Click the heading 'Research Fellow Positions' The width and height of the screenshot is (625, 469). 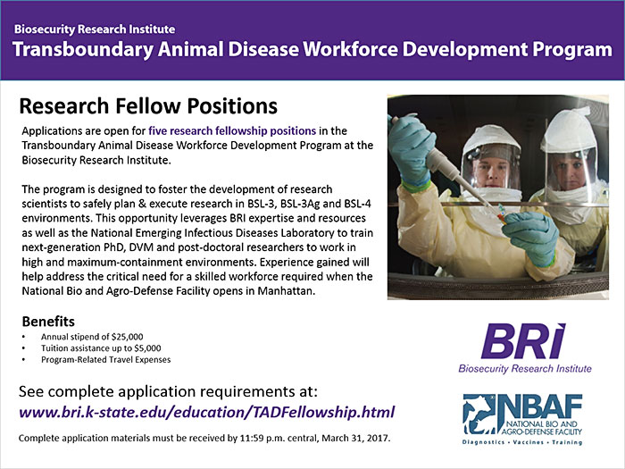(x=148, y=106)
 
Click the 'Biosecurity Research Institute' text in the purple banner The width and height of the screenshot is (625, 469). (x=95, y=29)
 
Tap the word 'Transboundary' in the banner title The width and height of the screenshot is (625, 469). (x=83, y=50)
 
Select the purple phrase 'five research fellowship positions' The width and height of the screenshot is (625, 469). (x=232, y=130)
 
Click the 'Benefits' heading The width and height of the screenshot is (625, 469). (x=48, y=322)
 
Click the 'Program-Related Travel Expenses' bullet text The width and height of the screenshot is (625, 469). (x=105, y=360)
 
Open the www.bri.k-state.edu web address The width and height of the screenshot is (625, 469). (x=207, y=412)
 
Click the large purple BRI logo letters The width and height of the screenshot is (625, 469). (x=523, y=341)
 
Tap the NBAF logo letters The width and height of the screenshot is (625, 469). (x=540, y=406)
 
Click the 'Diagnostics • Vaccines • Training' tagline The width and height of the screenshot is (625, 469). (x=522, y=442)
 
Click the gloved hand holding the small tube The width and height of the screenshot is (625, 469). (x=531, y=237)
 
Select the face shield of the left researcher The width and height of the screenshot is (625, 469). (x=491, y=166)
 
